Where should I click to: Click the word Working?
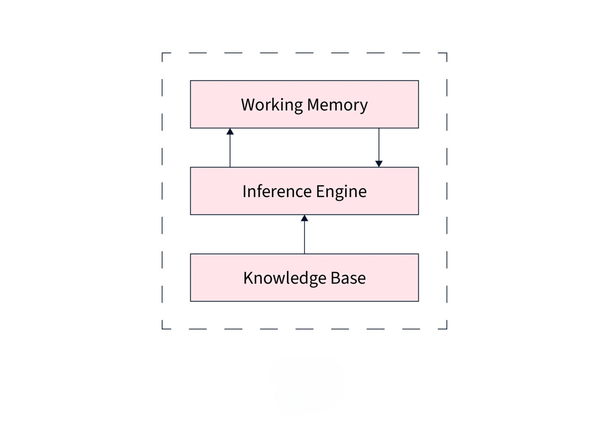pyautogui.click(x=272, y=105)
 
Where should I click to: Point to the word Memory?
pyautogui.click(x=337, y=105)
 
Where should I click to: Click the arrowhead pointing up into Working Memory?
pyautogui.click(x=230, y=131)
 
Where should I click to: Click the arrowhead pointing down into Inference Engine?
pyautogui.click(x=379, y=163)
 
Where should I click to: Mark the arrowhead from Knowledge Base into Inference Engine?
pyautogui.click(x=304, y=218)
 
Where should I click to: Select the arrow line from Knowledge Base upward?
pyautogui.click(x=304, y=238)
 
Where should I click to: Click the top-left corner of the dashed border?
pyautogui.click(x=163, y=53)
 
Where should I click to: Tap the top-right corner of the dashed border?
pyautogui.click(x=446, y=53)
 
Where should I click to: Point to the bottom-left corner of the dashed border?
pyautogui.click(x=163, y=329)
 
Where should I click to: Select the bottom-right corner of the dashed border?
pyautogui.click(x=446, y=329)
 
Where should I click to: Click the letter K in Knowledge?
pyautogui.click(x=247, y=278)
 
